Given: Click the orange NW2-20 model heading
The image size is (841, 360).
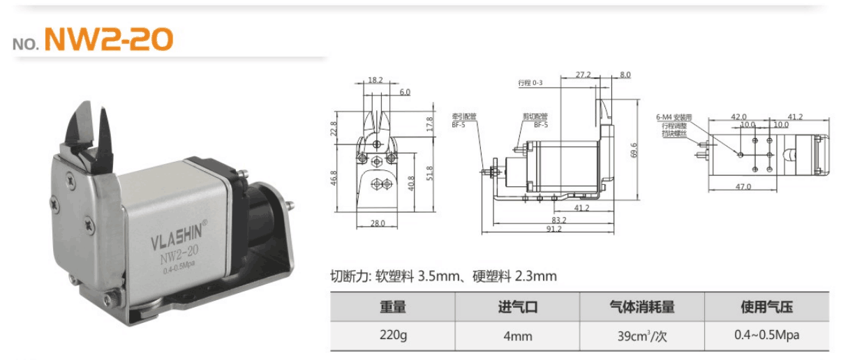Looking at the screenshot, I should [108, 40].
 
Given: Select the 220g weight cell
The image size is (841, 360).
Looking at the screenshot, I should [392, 336].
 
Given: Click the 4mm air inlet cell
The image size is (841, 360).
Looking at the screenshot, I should [517, 336].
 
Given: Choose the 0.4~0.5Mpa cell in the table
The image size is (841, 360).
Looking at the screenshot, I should [766, 336].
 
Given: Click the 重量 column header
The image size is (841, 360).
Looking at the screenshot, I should [392, 307].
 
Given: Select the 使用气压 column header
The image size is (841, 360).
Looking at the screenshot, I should [766, 307].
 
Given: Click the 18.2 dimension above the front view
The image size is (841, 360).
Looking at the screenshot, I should [375, 80].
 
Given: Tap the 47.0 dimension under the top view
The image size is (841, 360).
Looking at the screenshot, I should [743, 186].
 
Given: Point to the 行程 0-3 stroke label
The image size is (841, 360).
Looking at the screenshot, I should [530, 82].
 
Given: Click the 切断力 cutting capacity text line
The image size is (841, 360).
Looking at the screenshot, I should [443, 276].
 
